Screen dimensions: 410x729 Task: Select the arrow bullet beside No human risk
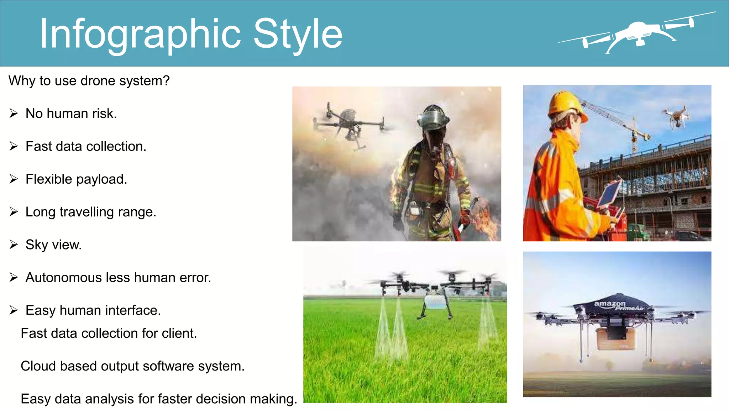pyautogui.click(x=14, y=114)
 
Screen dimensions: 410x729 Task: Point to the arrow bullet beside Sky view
pyautogui.click(x=14, y=245)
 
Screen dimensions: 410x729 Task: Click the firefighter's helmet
pyautogui.click(x=433, y=118)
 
